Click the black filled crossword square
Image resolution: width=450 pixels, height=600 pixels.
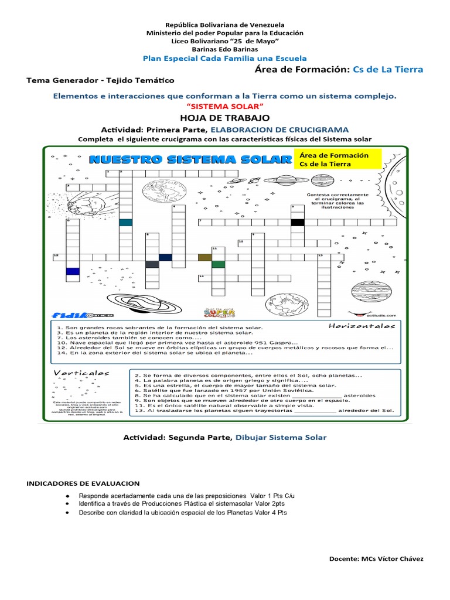click(298, 222)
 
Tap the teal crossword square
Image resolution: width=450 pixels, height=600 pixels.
click(125, 222)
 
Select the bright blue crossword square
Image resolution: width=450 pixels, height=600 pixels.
click(73, 271)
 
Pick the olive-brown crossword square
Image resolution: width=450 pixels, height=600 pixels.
click(205, 257)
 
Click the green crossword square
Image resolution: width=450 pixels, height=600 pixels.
click(218, 264)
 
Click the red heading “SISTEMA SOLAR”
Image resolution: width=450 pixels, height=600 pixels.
click(224, 105)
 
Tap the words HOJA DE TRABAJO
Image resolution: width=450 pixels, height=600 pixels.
click(224, 118)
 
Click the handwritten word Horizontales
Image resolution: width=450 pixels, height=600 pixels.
click(361, 326)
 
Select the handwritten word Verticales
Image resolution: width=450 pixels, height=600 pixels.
click(81, 373)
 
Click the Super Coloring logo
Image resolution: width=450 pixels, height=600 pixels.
click(216, 311)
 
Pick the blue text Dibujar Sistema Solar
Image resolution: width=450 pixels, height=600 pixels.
click(281, 437)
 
